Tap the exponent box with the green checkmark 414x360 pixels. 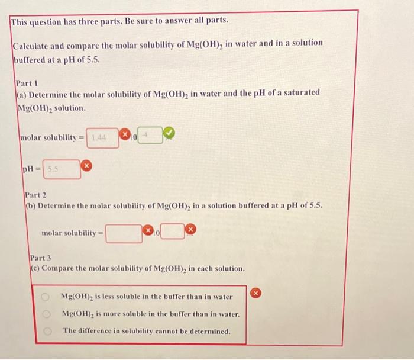tap(150, 137)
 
